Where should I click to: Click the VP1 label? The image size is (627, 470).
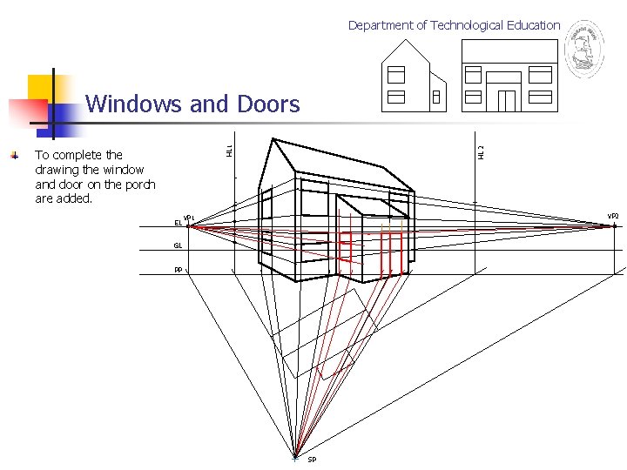[187, 218]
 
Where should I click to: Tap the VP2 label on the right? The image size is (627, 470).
[612, 216]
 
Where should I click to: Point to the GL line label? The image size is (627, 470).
[178, 246]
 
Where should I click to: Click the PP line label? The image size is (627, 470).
[178, 270]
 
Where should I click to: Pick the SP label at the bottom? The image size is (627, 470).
[312, 460]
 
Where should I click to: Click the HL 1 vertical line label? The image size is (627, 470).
[229, 151]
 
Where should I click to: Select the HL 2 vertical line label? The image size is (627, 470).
[480, 151]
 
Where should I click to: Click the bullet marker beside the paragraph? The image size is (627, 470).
[14, 155]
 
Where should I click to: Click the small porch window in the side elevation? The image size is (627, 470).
[435, 98]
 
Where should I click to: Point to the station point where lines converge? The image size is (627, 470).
[296, 456]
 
